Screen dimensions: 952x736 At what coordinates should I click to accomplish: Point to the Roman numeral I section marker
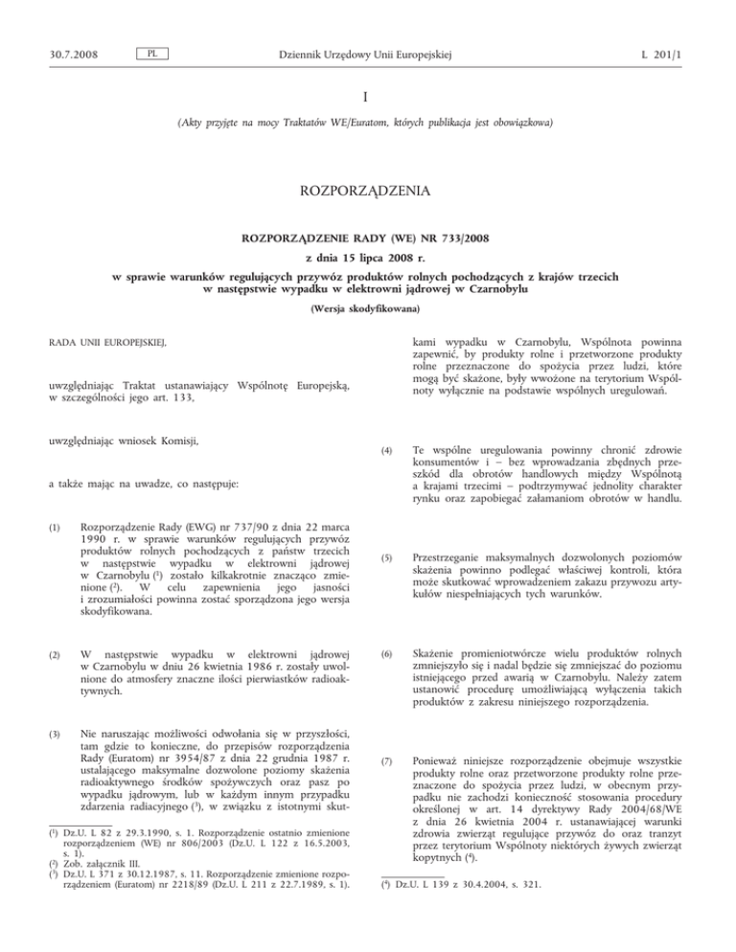click(x=368, y=97)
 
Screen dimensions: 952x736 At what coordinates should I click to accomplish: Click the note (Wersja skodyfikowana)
click(x=368, y=308)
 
